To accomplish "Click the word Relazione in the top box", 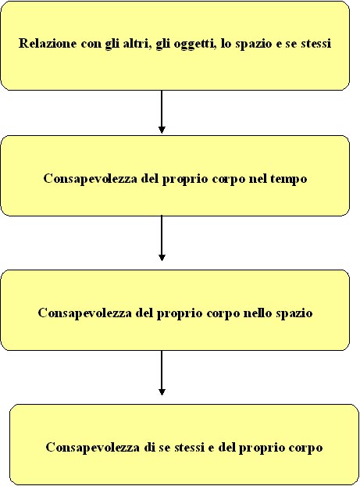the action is [48, 43].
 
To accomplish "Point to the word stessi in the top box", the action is [315, 44].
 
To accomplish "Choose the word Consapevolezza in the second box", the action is [90, 179].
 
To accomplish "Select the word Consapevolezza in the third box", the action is [84, 313].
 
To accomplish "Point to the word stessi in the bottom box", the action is [189, 448].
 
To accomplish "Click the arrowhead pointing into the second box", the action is [162, 130].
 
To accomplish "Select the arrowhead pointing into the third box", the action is [162, 258].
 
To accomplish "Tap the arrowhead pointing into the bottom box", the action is [162, 391].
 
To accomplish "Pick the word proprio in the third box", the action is [180, 314].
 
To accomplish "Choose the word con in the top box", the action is [91, 44].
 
